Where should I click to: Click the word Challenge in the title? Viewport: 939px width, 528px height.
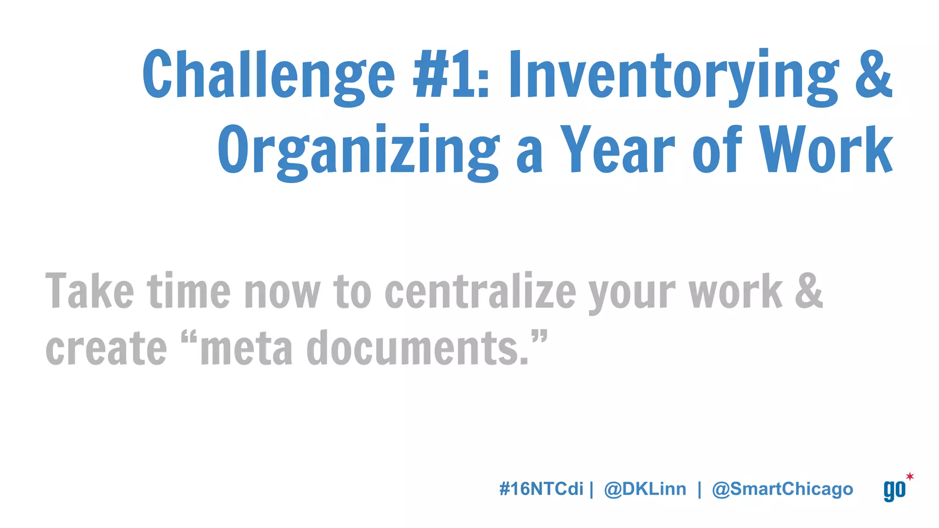click(268, 74)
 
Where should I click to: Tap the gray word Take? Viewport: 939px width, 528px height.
click(90, 291)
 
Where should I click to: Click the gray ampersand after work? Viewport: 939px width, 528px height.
click(809, 291)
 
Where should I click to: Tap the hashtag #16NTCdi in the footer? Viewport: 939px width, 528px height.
click(541, 489)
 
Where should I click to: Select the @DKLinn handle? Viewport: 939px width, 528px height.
click(645, 489)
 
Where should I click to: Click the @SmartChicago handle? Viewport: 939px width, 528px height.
click(782, 489)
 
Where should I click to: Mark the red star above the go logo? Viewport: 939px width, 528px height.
click(910, 476)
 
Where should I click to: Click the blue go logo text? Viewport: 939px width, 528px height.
click(894, 490)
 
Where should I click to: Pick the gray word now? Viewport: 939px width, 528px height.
click(282, 292)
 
